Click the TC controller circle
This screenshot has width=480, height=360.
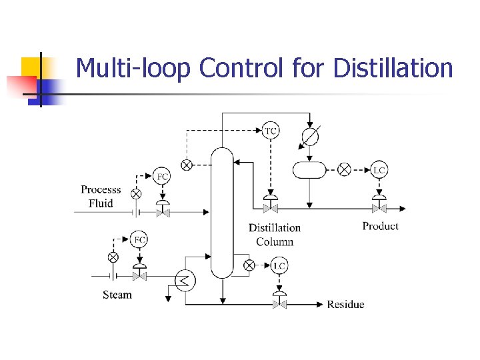[271, 131]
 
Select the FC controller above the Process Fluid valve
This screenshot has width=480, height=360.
[162, 177]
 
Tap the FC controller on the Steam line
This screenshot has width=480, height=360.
[139, 240]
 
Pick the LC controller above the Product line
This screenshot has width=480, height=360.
[379, 170]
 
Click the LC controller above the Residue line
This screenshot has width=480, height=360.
[279, 266]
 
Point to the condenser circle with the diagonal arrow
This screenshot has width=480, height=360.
[310, 137]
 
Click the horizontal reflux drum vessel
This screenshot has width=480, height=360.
[309, 169]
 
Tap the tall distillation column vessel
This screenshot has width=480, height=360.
[222, 212]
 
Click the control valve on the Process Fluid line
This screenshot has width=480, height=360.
[162, 211]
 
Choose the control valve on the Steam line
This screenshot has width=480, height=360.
[139, 275]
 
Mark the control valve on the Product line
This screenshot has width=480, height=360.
[379, 208]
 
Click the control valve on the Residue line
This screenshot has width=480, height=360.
[279, 304]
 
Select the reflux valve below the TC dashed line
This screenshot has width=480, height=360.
[271, 208]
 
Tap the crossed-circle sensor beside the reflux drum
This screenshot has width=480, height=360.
[344, 170]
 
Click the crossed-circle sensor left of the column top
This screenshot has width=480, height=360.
[187, 165]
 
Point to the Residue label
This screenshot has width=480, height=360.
[345, 305]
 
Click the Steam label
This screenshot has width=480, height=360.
[117, 295]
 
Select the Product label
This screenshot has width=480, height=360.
[381, 226]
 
